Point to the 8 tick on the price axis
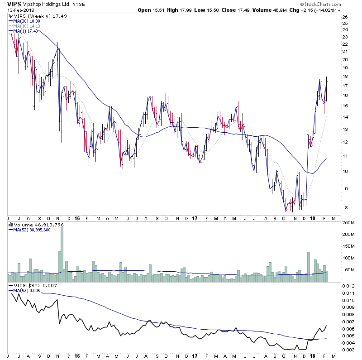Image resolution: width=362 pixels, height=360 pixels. tap(343, 208)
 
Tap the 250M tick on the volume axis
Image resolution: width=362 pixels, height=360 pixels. tap(348, 223)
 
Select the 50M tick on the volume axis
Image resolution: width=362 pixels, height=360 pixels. tap(346, 270)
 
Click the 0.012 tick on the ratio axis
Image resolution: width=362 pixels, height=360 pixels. tap(348, 287)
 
